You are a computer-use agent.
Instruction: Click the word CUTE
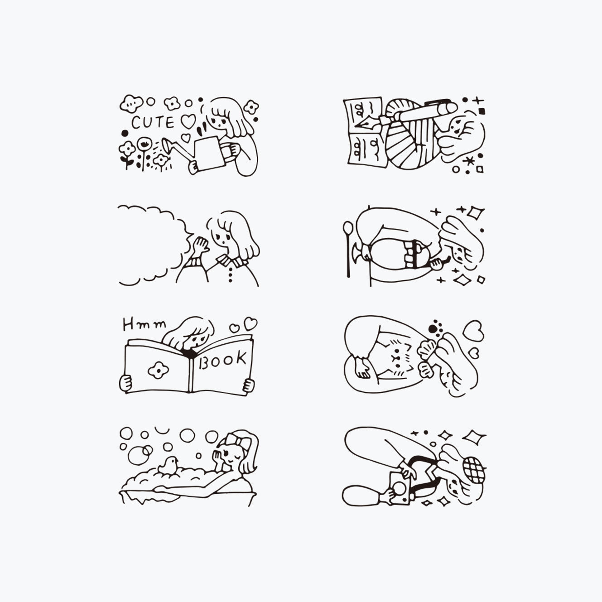(153, 122)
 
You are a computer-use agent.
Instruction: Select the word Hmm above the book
(144, 325)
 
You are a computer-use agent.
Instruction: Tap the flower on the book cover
(159, 371)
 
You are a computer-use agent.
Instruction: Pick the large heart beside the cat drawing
(473, 331)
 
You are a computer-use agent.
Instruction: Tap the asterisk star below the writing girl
(469, 161)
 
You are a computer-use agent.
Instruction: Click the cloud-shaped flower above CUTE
(131, 103)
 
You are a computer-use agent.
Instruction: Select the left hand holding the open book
(126, 383)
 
